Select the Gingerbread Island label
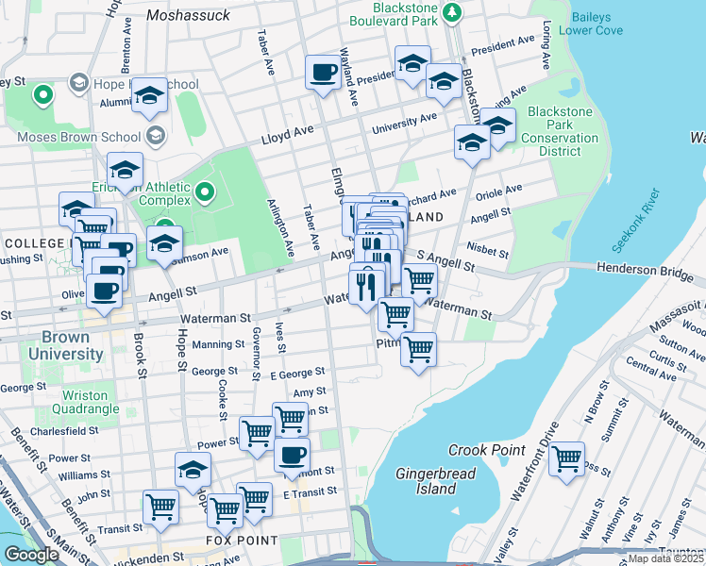tap(426, 480)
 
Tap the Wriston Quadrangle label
tap(91, 402)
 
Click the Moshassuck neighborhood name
tap(190, 15)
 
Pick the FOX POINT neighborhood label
tap(243, 541)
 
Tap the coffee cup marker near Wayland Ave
tap(323, 72)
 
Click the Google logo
tap(32, 555)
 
